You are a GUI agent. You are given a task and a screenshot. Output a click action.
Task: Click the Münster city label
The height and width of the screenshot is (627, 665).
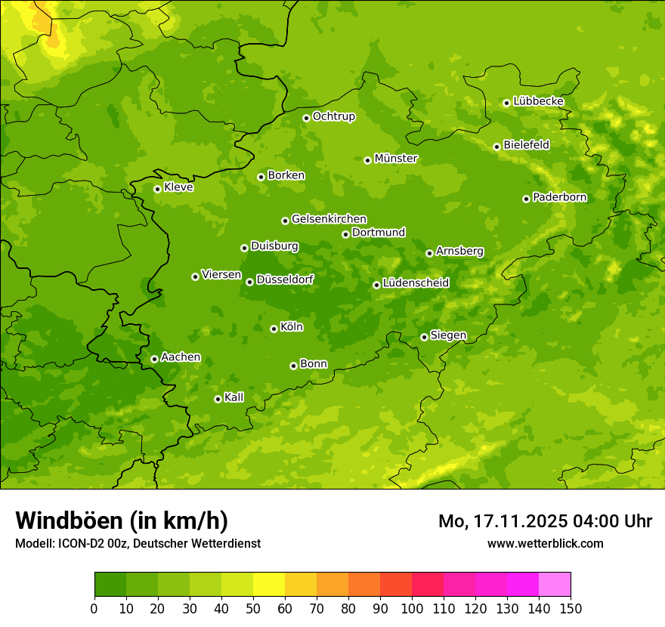[396, 159]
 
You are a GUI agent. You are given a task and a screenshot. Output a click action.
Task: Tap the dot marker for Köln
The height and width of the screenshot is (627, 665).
[274, 329]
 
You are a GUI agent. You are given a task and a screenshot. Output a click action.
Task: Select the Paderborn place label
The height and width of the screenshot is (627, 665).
[559, 197]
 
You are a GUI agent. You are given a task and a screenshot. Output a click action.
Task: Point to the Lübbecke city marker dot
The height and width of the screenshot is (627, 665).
[506, 103]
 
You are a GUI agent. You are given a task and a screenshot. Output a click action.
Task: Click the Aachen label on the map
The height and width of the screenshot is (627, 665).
[181, 357]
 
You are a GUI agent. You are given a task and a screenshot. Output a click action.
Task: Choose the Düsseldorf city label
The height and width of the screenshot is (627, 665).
[285, 280]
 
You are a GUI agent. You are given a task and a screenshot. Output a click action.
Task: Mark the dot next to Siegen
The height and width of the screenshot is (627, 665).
[424, 337]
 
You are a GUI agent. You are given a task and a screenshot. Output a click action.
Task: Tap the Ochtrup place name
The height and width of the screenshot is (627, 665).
[333, 116]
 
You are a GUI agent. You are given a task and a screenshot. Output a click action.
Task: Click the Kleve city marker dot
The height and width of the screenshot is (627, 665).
[157, 189]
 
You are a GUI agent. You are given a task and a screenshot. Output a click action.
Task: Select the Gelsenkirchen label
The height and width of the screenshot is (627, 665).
[329, 219]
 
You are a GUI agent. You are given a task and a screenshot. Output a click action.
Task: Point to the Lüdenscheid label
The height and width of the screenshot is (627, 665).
[416, 283]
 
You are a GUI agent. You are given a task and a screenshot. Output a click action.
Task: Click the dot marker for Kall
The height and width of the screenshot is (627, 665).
[218, 399]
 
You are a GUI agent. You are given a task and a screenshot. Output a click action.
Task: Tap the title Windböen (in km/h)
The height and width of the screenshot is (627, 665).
[122, 520]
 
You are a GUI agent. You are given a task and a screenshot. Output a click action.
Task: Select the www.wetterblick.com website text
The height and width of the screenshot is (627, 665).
[545, 543]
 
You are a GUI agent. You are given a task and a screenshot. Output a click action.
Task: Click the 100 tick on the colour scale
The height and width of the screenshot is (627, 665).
[412, 608]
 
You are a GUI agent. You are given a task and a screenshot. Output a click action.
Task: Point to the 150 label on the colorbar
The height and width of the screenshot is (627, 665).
[571, 608]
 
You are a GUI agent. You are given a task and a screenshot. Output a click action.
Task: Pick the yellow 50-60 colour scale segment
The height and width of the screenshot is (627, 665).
[269, 585]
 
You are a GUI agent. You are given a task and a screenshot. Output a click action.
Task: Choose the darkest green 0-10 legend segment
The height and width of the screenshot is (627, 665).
[110, 585]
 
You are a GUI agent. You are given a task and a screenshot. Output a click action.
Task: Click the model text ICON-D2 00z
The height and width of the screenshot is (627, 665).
[94, 544]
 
